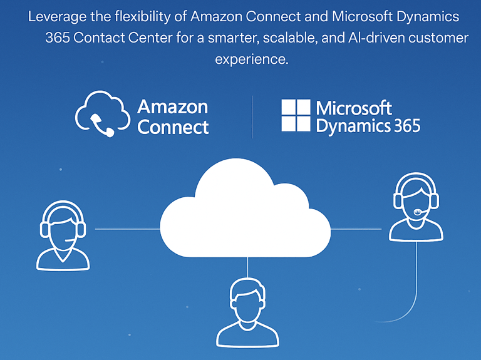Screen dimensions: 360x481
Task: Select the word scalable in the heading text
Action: point(286,38)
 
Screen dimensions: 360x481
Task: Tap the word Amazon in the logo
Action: point(172,106)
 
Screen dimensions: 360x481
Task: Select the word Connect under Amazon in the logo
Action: point(173,127)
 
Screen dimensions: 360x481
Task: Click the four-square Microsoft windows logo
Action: point(296,116)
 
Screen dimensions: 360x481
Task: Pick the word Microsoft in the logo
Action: point(354,107)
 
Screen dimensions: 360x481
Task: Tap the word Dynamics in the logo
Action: point(353,126)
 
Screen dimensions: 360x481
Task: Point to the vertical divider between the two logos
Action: point(252,116)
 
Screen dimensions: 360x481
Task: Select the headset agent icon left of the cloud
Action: point(63,237)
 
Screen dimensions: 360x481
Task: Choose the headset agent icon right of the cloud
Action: point(416,209)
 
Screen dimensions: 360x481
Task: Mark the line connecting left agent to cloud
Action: point(127,229)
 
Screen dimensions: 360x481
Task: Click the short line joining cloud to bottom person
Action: point(248,267)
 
